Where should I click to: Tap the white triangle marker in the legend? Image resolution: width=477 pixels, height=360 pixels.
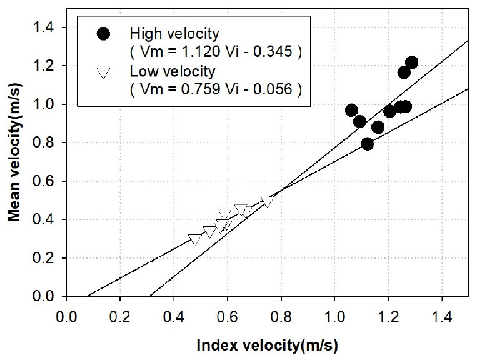pyautogui.click(x=104, y=73)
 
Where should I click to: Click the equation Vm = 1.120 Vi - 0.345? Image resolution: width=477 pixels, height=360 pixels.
pyautogui.click(x=216, y=52)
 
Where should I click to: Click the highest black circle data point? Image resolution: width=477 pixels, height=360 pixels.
pyautogui.click(x=411, y=62)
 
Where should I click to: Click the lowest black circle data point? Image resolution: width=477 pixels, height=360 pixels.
pyautogui.click(x=367, y=144)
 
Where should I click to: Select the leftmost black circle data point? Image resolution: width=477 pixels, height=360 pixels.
pyautogui.click(x=351, y=110)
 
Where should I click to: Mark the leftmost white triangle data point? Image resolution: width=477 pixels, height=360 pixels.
pyautogui.click(x=194, y=239)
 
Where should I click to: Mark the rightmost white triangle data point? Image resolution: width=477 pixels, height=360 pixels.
pyautogui.click(x=267, y=201)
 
